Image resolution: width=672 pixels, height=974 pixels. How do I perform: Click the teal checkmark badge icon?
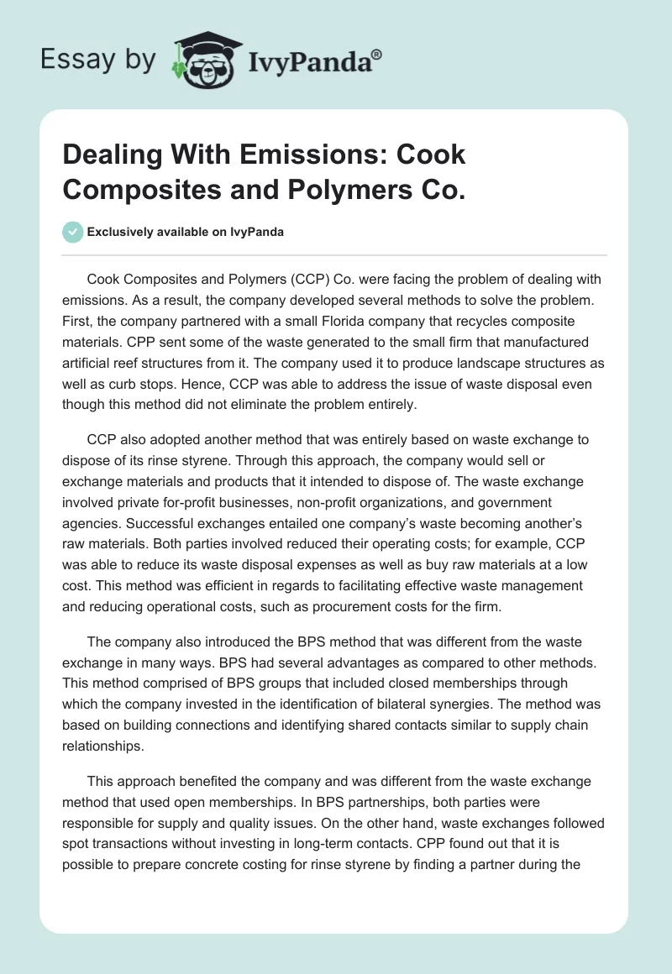tap(73, 233)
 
